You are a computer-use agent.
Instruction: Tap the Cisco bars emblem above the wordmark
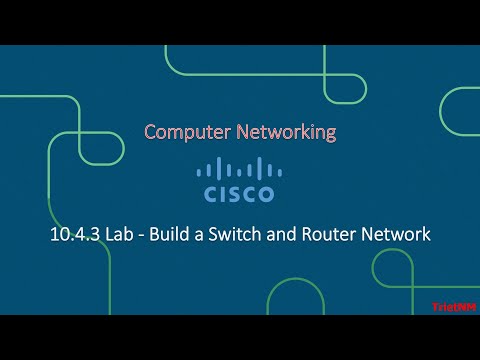point(239,167)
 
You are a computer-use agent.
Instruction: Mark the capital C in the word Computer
point(150,132)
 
